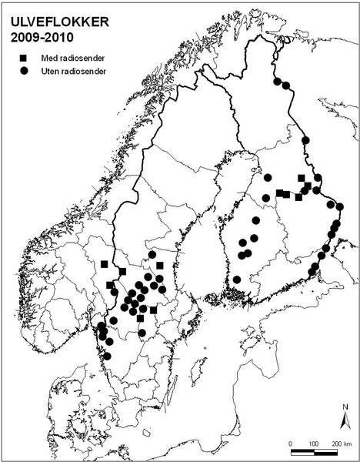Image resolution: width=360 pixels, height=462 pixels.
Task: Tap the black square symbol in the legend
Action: tap(25, 58)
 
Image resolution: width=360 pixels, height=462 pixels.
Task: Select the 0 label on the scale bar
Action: tap(291, 446)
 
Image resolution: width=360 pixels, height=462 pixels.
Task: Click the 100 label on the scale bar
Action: tap(314, 446)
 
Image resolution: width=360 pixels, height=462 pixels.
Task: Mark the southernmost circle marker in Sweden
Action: tap(108, 355)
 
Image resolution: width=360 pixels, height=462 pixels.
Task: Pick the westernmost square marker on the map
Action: tap(104, 264)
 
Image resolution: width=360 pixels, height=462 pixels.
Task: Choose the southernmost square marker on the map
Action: tap(140, 318)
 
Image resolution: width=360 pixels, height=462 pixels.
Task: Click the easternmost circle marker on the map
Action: tap(339, 206)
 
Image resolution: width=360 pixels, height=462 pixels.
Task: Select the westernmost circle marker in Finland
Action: tap(237, 280)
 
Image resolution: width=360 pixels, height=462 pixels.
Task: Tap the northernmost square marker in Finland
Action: tap(301, 178)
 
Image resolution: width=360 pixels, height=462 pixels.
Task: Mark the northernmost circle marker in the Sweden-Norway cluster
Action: tap(152, 255)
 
